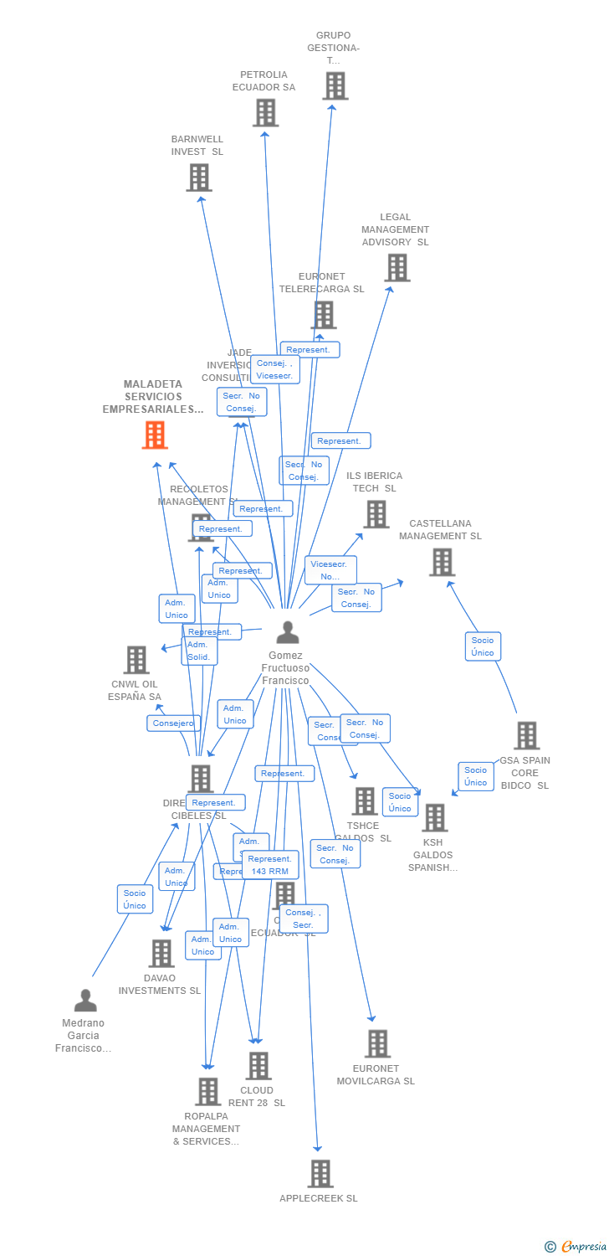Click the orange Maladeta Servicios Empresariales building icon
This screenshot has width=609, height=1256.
[155, 435]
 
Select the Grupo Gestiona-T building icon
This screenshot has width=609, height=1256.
[335, 86]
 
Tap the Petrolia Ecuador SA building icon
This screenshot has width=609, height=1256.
[265, 112]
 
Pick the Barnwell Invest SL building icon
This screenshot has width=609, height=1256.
[199, 178]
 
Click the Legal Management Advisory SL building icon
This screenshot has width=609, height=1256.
[397, 268]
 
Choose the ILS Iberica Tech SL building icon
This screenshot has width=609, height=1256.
[376, 514]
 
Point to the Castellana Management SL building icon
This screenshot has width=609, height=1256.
[442, 562]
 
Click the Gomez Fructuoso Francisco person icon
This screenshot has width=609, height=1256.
[287, 633]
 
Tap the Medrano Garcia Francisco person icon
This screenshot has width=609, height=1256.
[85, 1001]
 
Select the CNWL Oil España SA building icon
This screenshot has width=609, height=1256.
[136, 660]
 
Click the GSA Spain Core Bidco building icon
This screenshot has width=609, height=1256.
[526, 735]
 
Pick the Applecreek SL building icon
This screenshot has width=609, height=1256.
[320, 1174]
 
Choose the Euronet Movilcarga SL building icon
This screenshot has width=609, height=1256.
[377, 1044]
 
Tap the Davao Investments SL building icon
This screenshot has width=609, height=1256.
[161, 953]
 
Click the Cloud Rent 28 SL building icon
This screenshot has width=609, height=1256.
[258, 1066]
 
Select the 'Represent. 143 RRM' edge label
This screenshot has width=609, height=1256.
[270, 865]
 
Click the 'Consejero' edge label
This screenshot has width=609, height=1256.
[174, 723]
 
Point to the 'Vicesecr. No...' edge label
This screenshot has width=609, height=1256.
[330, 570]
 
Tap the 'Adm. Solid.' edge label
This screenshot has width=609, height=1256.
[199, 651]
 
